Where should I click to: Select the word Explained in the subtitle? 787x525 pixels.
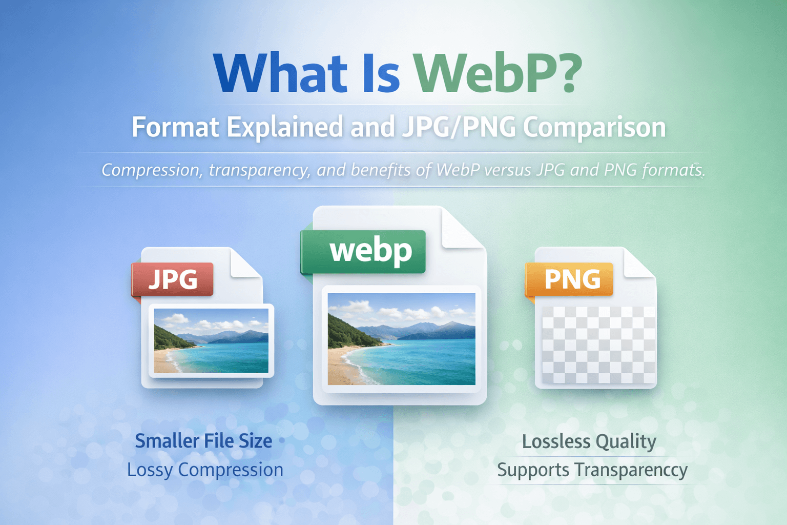[x=285, y=127]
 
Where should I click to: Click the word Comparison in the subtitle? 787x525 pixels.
[x=594, y=127]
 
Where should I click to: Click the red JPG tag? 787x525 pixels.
[x=173, y=279]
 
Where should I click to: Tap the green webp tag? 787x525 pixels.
[x=370, y=251]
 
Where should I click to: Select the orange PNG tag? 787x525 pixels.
[x=571, y=279]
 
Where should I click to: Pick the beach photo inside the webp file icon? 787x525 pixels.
[x=401, y=339]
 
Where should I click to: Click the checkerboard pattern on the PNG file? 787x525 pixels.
[x=598, y=345]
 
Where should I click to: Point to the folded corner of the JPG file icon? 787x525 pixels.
[x=246, y=262]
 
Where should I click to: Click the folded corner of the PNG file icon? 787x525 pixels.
[x=638, y=262]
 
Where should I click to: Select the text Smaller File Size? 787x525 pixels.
[x=203, y=441]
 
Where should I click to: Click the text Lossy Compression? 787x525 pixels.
[x=205, y=470]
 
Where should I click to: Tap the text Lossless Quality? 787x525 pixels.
[x=589, y=441]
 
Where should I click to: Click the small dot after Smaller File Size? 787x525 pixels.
[x=282, y=440]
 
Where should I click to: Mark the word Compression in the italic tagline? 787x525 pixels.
[x=151, y=170]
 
